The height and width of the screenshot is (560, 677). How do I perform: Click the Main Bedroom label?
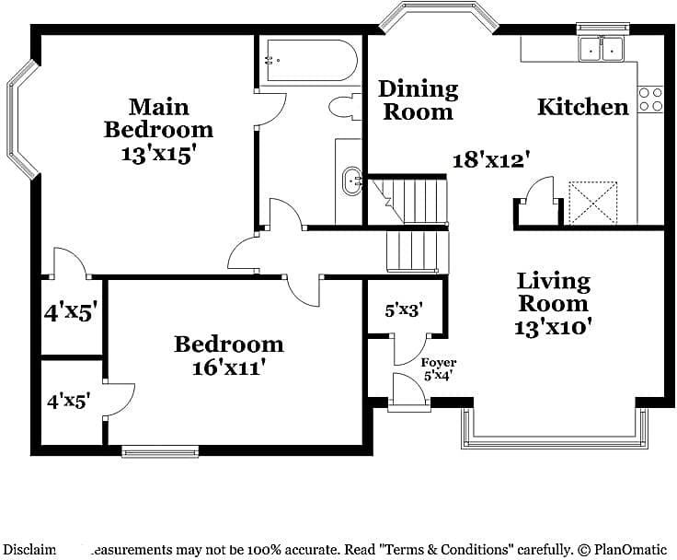click(158, 118)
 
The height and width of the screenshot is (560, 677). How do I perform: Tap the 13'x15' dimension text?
click(158, 154)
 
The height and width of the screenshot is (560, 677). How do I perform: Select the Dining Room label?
click(419, 100)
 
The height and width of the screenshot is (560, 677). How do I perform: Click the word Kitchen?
click(582, 107)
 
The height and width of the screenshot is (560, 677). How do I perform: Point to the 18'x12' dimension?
click(492, 159)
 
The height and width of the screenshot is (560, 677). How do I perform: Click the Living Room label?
click(553, 291)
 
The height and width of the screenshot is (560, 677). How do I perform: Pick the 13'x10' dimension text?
click(553, 325)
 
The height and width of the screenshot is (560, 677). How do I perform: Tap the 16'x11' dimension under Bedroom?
click(228, 367)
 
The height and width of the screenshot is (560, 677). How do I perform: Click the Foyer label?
click(439, 363)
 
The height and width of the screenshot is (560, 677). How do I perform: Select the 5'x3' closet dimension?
click(403, 310)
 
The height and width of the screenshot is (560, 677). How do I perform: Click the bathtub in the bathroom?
click(307, 61)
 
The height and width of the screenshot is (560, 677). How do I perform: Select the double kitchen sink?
click(602, 49)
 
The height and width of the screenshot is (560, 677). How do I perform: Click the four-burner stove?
click(650, 99)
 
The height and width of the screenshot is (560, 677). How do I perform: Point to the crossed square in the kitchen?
click(592, 202)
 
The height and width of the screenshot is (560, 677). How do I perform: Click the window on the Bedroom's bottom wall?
click(160, 451)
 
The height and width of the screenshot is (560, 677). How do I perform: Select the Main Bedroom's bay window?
click(22, 120)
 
